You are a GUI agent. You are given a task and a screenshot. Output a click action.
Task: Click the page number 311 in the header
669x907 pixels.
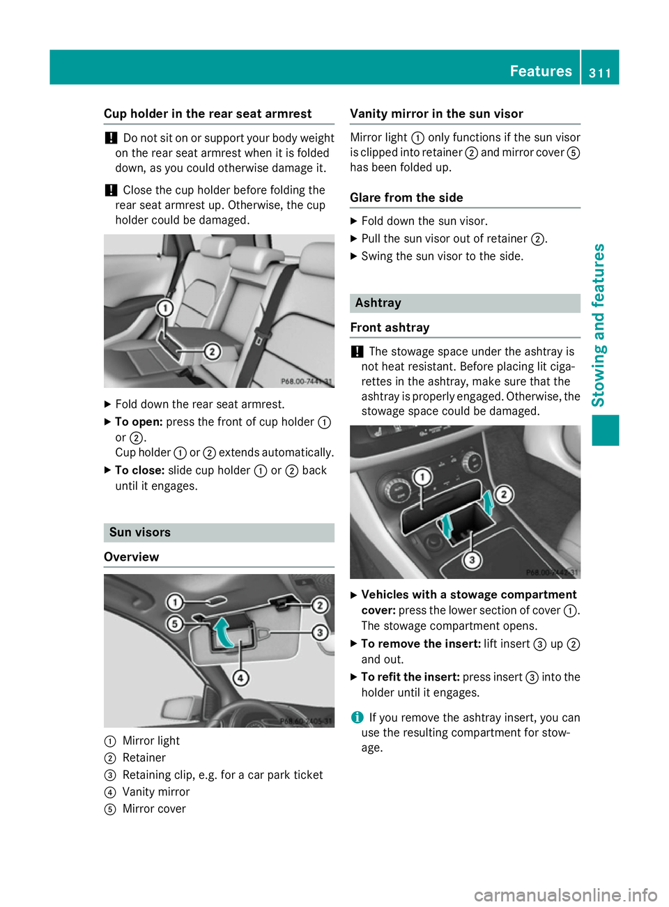click(x=599, y=72)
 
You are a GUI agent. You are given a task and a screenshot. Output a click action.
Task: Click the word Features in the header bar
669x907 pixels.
click(x=541, y=71)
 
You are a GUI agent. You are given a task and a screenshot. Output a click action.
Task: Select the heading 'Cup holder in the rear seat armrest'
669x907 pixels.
click(x=208, y=114)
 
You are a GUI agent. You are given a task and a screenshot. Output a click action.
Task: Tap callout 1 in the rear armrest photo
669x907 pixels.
click(x=165, y=308)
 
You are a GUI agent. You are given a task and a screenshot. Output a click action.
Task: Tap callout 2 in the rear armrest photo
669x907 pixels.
click(x=212, y=351)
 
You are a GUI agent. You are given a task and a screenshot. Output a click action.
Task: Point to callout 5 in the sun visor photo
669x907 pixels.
click(x=175, y=623)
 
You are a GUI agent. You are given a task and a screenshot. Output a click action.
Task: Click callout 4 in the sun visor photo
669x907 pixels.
click(x=240, y=677)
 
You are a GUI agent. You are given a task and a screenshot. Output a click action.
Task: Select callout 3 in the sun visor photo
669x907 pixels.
click(x=320, y=632)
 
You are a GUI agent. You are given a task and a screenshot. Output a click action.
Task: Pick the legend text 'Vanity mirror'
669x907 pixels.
click(x=156, y=791)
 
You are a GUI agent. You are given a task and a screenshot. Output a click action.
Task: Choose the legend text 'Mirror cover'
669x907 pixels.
click(x=154, y=809)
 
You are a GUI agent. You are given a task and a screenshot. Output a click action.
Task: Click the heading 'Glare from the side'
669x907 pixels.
click(x=406, y=198)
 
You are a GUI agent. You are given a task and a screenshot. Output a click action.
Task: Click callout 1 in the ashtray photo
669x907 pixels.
click(x=422, y=477)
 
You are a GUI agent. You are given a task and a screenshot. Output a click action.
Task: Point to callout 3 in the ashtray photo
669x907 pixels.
click(x=472, y=559)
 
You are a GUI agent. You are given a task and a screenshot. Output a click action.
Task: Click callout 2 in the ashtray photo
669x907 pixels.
click(x=504, y=495)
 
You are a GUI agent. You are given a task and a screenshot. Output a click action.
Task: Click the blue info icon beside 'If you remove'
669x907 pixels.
click(x=357, y=718)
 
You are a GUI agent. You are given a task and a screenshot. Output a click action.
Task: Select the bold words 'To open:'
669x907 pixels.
click(x=139, y=422)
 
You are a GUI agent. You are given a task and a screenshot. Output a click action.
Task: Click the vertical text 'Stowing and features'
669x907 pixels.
click(x=598, y=325)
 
